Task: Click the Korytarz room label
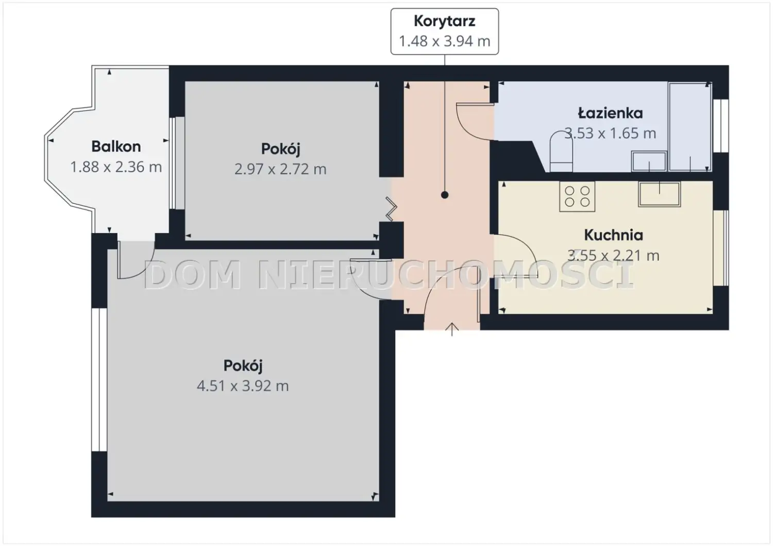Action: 444,22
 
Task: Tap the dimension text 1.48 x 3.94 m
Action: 444,41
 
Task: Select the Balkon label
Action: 116,147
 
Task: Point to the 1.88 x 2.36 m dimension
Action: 116,167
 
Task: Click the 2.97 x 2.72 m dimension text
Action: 280,169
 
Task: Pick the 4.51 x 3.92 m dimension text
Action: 243,386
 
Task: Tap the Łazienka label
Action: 610,113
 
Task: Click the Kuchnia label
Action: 614,235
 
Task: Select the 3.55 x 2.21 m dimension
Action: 614,255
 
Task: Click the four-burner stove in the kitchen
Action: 577,196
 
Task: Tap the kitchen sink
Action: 659,194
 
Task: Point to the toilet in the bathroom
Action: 561,151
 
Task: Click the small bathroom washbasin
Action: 649,161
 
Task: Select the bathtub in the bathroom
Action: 690,127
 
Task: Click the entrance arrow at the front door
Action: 452,329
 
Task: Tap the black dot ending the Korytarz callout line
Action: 444,195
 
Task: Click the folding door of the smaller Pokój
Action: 391,209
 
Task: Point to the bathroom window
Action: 720,126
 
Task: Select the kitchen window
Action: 720,248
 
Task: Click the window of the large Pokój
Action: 99,379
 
